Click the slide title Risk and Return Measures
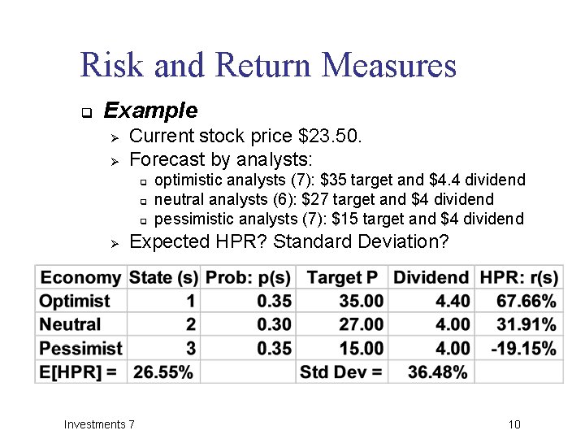pos(268,65)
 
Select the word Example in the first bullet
pos(150,110)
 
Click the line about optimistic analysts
pos(339,180)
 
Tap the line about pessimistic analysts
pos(339,219)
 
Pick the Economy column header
pos(80,278)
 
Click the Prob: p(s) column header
pos(248,278)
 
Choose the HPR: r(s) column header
pos(518,278)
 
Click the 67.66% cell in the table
pos(526,302)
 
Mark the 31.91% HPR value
pos(526,325)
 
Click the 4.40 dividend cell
pos(453,302)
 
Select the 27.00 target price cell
pos(361,325)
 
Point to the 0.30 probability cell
pos(274,325)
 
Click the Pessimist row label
pos(80,349)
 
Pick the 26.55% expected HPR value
pos(163,372)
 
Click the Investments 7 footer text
pos(100,424)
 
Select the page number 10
pos(513,424)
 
